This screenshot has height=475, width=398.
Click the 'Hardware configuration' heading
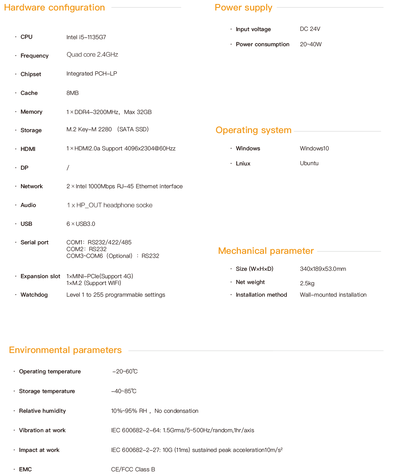(x=55, y=7)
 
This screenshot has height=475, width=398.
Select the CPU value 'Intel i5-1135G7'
(x=86, y=37)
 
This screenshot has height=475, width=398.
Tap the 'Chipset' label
(x=31, y=74)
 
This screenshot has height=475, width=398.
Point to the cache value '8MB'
(x=73, y=93)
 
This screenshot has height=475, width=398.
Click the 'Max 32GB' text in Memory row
(x=138, y=112)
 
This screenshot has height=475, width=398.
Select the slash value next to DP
(x=68, y=168)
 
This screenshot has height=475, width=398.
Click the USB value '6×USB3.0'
(x=81, y=224)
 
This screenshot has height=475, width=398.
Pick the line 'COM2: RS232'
(x=87, y=249)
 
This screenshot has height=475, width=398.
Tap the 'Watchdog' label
(x=34, y=295)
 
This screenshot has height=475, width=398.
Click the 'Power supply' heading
(x=243, y=7)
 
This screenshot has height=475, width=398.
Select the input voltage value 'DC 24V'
(x=310, y=29)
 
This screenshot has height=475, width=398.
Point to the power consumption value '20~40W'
(x=311, y=44)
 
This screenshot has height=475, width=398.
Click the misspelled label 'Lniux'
(x=243, y=164)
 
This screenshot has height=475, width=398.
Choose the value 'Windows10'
(x=314, y=148)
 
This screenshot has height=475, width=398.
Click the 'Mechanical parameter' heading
(x=266, y=251)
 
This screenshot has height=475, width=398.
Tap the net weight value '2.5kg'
(x=307, y=283)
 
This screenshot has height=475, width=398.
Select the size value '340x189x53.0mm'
(x=323, y=269)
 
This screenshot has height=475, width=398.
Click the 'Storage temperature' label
(x=47, y=391)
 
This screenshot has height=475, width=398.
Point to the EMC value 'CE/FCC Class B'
(x=133, y=469)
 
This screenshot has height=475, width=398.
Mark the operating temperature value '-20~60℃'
(x=125, y=371)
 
